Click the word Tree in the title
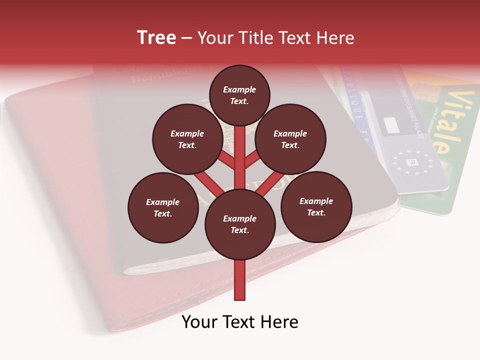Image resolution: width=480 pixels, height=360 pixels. coord(156,38)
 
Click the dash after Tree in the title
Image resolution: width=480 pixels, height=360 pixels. coord(186,38)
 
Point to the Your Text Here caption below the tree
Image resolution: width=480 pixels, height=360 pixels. coord(240,322)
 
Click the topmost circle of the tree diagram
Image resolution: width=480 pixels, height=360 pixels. coord(239,95)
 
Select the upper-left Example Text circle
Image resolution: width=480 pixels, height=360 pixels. coord(187,139)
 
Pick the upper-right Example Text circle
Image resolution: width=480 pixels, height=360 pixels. coord(290,139)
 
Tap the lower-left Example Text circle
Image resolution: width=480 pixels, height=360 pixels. coord(163,207)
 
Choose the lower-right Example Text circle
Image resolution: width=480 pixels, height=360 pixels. coord(316,206)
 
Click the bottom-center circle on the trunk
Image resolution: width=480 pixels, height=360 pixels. coord(240,224)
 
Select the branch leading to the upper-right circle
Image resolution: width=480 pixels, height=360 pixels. coord(253,161)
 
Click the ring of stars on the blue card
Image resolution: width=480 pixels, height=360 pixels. coord(413,161)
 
